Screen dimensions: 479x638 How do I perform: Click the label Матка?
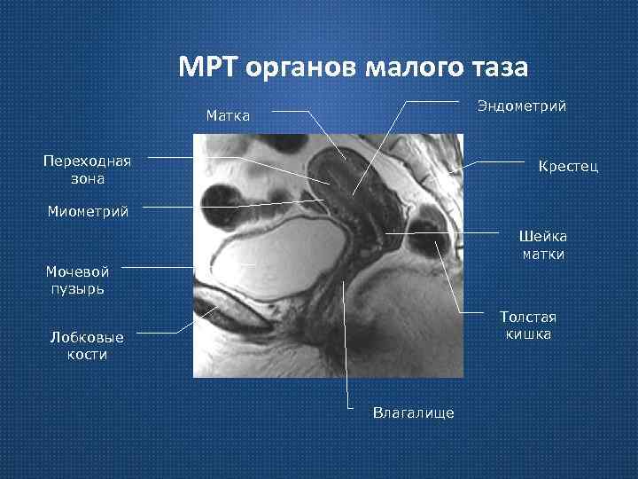(228, 115)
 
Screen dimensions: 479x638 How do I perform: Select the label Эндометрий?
(521, 106)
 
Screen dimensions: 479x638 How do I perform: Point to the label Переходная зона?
(87, 169)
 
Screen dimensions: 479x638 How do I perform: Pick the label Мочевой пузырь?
(79, 280)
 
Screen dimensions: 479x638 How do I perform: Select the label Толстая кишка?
(528, 325)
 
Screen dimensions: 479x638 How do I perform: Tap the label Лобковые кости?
(87, 346)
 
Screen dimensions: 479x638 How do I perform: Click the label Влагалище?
(414, 412)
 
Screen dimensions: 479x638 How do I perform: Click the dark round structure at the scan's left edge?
(217, 200)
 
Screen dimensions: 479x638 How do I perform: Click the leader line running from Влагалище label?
(346, 355)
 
